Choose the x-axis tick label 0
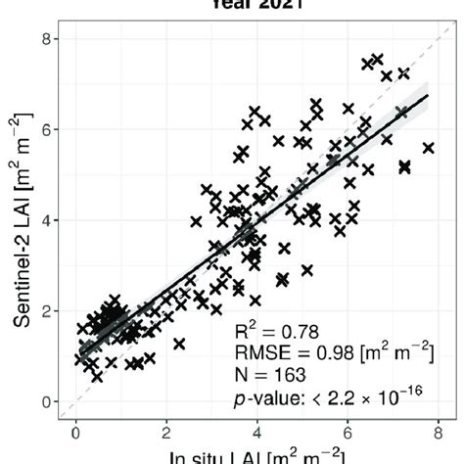75,428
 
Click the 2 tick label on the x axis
166,428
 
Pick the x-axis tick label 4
257,428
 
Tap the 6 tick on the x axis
348,428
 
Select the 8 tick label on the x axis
439,428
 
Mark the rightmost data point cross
428,148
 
